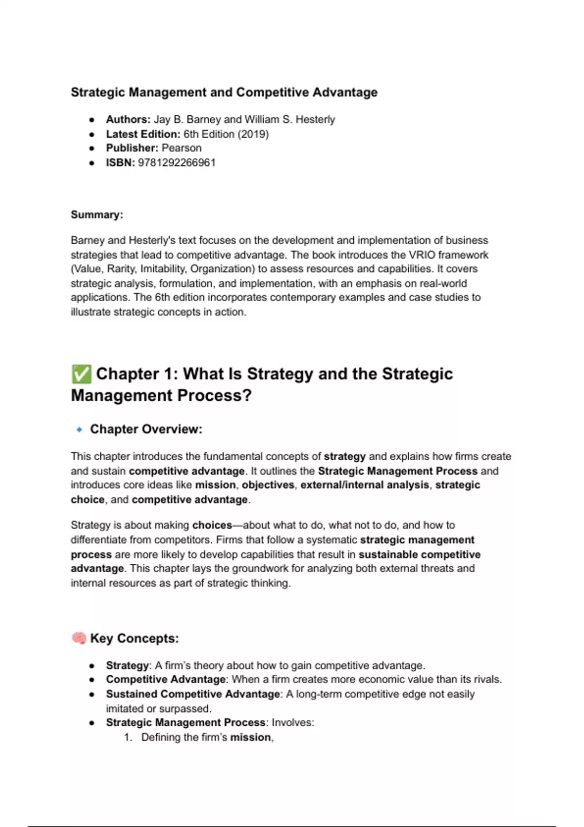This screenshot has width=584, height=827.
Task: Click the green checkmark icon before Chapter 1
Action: tap(81, 374)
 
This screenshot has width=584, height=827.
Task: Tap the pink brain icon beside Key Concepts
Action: tap(79, 638)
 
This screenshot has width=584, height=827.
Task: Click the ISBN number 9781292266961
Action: tap(177, 162)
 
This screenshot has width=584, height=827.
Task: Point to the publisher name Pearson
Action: tap(182, 148)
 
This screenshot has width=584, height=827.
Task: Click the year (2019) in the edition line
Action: tap(253, 134)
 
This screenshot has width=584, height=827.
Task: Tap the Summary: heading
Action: tap(97, 215)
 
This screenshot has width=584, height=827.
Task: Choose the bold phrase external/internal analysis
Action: tap(365, 485)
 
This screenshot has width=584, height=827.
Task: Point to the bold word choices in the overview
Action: tap(212, 525)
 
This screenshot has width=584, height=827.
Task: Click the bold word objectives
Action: tap(268, 485)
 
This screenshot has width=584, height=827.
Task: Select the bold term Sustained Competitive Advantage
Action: tap(193, 694)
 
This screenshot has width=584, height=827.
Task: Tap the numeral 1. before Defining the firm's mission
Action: tap(128, 737)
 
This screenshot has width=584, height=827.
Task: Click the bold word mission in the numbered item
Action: tap(250, 737)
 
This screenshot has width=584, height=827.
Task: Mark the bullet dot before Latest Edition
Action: tap(91, 134)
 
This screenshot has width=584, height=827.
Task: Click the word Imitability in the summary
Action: tap(163, 269)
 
